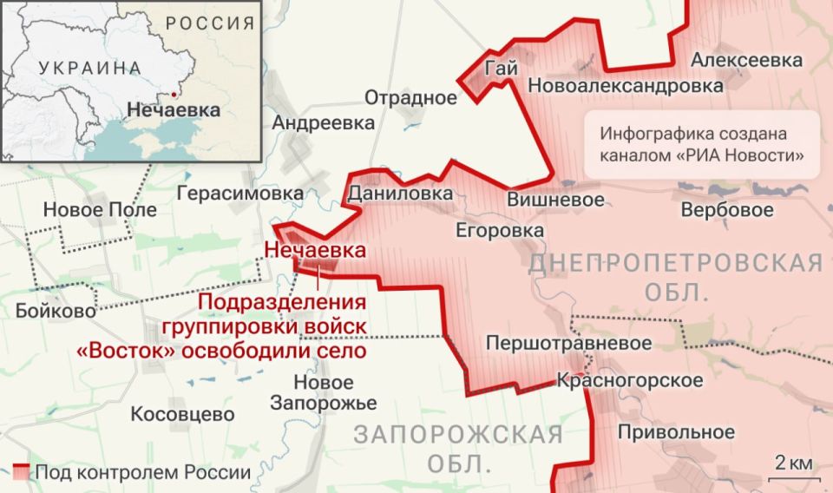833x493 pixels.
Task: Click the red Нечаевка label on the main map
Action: click(314, 250)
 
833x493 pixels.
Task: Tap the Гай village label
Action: click(502, 67)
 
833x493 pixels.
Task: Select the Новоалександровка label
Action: click(625, 86)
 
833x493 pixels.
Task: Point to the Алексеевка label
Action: click(746, 60)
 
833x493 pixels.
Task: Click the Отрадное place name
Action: click(410, 96)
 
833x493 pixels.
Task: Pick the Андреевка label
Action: click(324, 122)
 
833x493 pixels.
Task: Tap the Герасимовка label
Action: click(240, 193)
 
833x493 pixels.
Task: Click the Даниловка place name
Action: click(399, 193)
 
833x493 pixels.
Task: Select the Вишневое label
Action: click(555, 199)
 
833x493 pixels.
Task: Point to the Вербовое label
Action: click(727, 210)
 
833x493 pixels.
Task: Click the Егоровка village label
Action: click(500, 230)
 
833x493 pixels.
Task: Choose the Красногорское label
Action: click(629, 380)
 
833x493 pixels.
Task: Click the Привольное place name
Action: click(676, 431)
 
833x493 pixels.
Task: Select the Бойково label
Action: click(56, 311)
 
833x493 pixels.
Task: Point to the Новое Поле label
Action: click(100, 209)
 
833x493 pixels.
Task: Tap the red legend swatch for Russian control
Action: click(22, 472)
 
